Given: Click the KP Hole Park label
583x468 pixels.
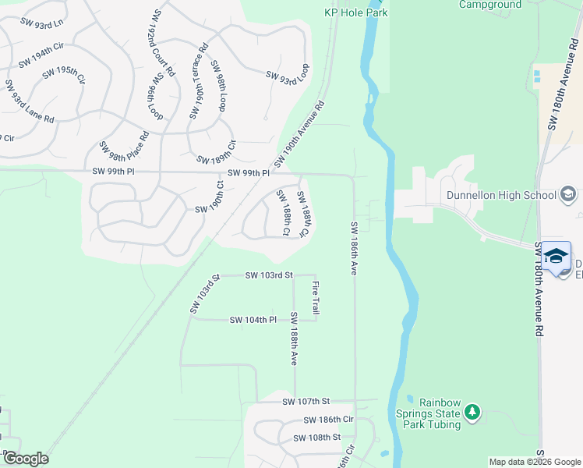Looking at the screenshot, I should [355, 12].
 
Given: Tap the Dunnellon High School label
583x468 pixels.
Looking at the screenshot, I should [500, 196].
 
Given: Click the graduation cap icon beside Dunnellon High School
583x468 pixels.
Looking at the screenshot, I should [568, 194].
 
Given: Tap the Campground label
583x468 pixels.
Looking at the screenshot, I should [489, 5].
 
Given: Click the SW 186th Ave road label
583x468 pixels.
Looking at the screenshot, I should [354, 248].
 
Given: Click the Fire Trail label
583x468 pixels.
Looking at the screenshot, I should [316, 298].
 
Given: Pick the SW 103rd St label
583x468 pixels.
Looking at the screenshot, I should [268, 275].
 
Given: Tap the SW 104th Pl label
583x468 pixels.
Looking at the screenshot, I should [253, 320].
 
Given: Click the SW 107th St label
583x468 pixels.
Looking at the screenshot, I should [307, 401].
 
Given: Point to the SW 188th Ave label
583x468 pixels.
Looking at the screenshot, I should [294, 339].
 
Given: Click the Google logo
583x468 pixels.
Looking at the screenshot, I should [26, 459].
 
